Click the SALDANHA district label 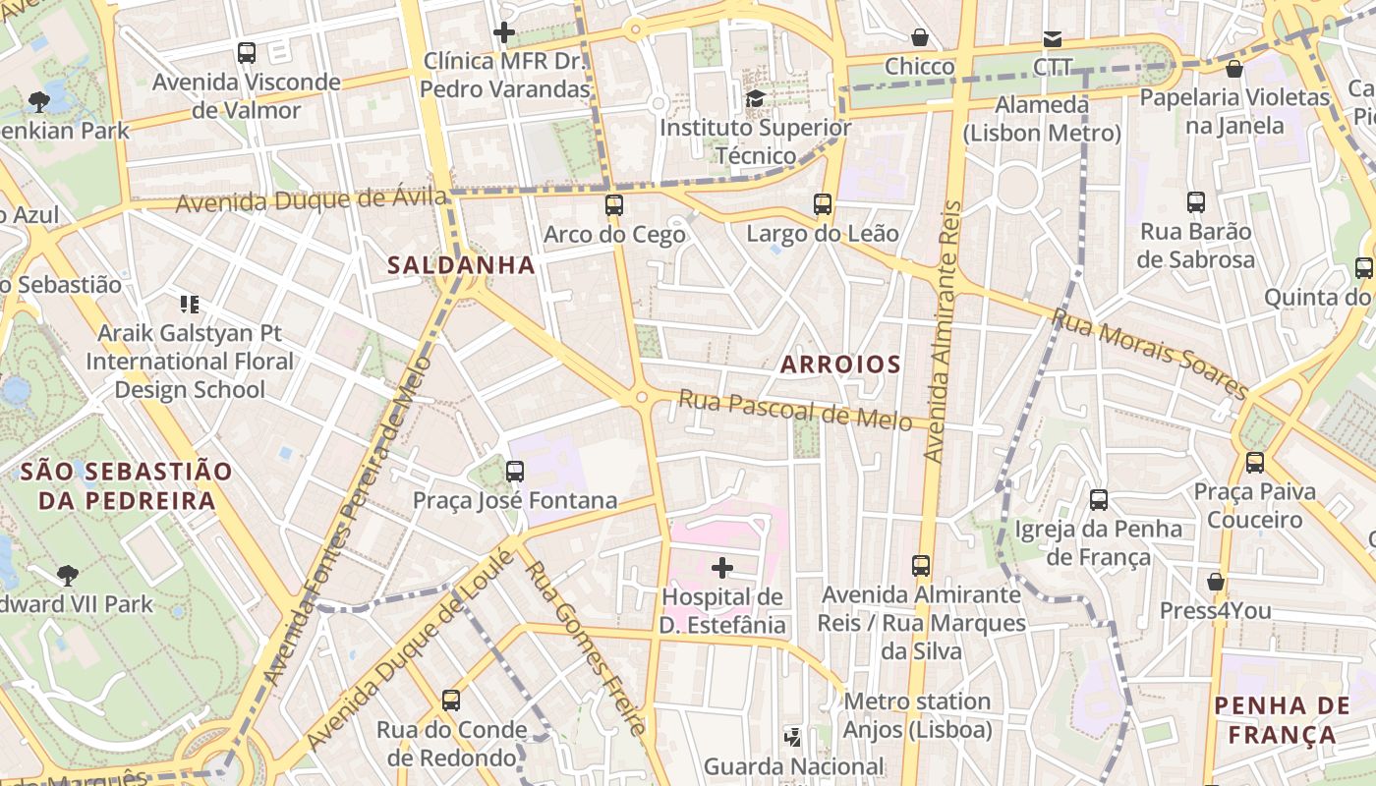(461, 265)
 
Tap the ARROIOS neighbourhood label (840, 365)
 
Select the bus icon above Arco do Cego (614, 205)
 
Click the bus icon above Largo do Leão (823, 204)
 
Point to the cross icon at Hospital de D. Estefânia (722, 568)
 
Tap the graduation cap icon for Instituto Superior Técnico (755, 98)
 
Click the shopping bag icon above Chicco (920, 37)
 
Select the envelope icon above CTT (1053, 39)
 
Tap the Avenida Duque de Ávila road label (312, 200)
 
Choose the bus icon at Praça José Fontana (515, 472)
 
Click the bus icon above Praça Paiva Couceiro (1255, 463)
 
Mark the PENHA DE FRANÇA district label (1282, 719)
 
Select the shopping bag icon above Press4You (1216, 582)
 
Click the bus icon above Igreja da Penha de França (1099, 500)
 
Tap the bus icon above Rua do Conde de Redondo (451, 701)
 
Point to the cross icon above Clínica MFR (504, 32)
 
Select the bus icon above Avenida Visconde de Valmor (247, 53)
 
